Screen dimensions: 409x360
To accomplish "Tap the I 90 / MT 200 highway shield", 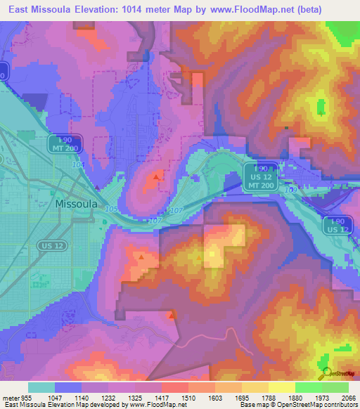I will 66,144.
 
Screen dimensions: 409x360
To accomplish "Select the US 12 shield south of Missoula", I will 51,245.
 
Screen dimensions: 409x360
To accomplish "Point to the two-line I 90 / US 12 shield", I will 336,226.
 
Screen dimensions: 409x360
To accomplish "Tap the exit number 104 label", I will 77,164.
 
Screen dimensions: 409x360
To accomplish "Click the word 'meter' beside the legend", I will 8,398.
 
